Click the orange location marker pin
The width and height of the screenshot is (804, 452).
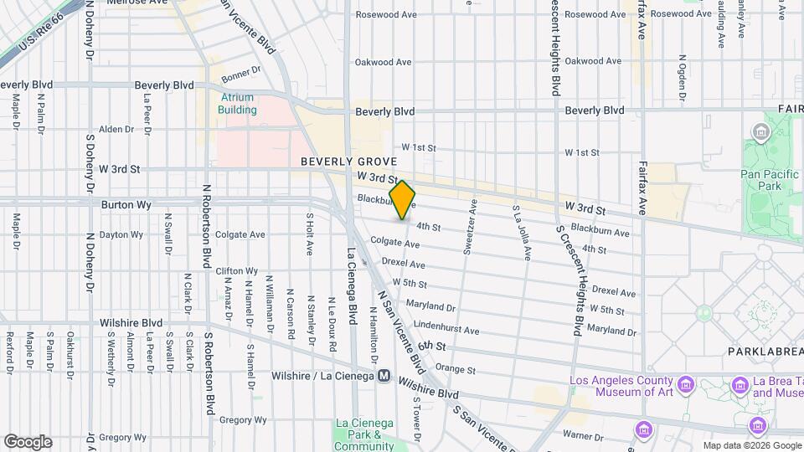tap(402, 200)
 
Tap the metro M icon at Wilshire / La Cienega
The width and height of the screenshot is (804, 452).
tap(384, 376)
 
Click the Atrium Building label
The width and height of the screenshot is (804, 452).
tap(237, 103)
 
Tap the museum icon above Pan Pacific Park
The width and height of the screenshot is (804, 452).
tap(761, 132)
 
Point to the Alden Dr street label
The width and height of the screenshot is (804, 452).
tap(116, 129)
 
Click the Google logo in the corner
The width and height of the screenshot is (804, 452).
tap(28, 441)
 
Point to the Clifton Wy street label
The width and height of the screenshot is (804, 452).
tap(236, 271)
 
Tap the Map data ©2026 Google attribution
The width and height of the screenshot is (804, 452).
tap(750, 445)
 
